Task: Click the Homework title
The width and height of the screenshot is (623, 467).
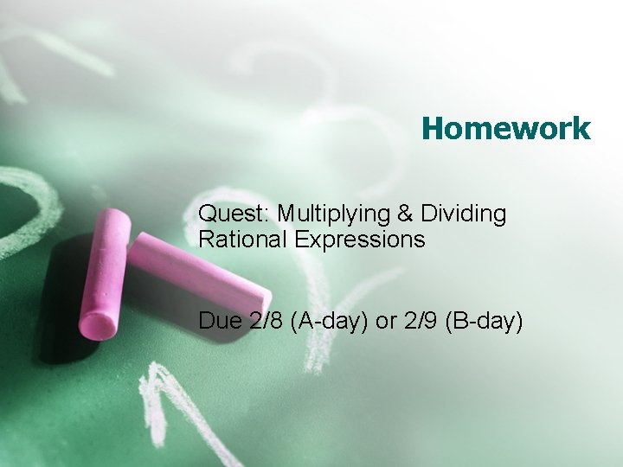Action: (506, 129)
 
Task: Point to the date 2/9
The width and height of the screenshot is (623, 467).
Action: (421, 321)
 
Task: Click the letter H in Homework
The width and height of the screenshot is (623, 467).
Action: (433, 129)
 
